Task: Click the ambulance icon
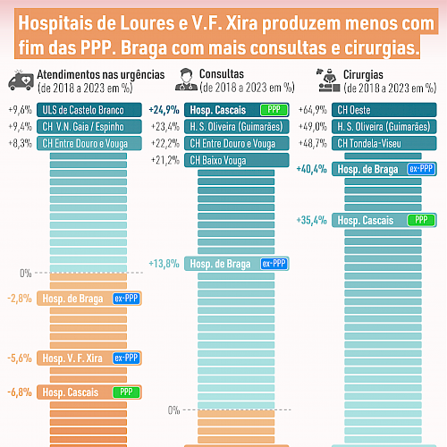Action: pyautogui.click(x=21, y=80)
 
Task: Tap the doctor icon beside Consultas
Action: pyautogui.click(x=186, y=80)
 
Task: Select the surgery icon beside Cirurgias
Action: pyautogui.click(x=328, y=80)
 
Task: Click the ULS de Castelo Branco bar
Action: pyautogui.click(x=89, y=110)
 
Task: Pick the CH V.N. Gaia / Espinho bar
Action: pyautogui.click(x=89, y=127)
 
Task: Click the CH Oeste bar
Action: pyautogui.click(x=384, y=110)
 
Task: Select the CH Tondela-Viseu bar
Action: pyautogui.click(x=384, y=143)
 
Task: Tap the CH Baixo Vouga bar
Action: pyautogui.click(x=237, y=160)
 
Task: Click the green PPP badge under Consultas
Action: pyautogui.click(x=274, y=110)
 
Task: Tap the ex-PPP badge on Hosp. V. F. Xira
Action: pyautogui.click(x=126, y=358)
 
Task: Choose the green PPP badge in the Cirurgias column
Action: pyautogui.click(x=421, y=220)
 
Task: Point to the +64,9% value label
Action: pyautogui.click(x=313, y=110)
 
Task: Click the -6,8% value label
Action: pyautogui.click(x=20, y=392)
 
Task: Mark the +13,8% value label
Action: pyautogui.click(x=164, y=264)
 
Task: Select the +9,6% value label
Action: pyautogui.click(x=21, y=110)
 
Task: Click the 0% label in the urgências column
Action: pyautogui.click(x=26, y=274)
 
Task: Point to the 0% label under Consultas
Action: pyautogui.click(x=173, y=410)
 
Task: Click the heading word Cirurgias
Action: pyautogui.click(x=363, y=74)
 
